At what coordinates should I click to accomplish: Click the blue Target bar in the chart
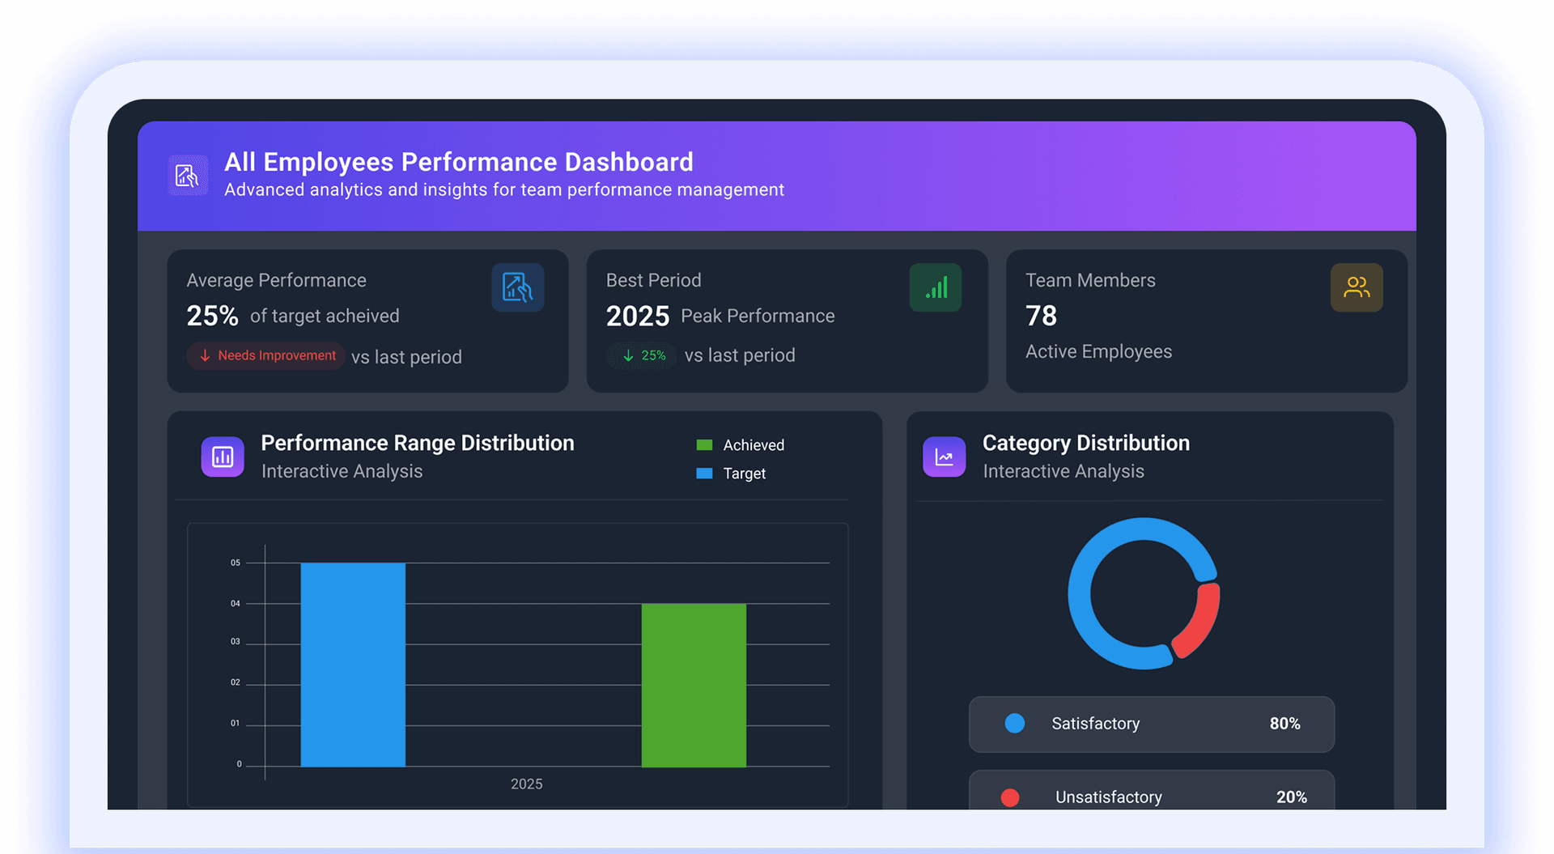click(x=353, y=664)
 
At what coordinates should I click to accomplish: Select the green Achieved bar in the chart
click(x=694, y=685)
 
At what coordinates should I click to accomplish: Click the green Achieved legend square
click(x=704, y=445)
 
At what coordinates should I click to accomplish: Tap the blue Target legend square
click(x=704, y=474)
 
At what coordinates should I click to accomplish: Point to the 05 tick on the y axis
click(x=236, y=563)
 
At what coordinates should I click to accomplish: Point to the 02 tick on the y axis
click(x=236, y=682)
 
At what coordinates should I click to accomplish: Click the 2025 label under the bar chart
click(x=526, y=784)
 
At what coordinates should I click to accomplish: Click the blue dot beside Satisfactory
click(x=1014, y=723)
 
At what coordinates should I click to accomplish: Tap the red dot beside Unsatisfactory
click(x=1010, y=797)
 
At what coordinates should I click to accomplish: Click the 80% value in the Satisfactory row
click(x=1284, y=724)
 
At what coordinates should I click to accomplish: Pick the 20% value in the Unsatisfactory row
click(x=1291, y=797)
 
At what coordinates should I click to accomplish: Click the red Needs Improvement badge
click(x=266, y=356)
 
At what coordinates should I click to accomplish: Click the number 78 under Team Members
click(x=1041, y=316)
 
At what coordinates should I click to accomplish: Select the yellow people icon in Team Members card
click(x=1357, y=287)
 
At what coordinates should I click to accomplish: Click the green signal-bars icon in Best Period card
click(x=936, y=287)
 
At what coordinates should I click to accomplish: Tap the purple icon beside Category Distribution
click(x=944, y=457)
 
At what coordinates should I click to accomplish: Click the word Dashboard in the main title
click(x=628, y=163)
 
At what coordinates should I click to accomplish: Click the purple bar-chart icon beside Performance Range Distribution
click(x=223, y=457)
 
